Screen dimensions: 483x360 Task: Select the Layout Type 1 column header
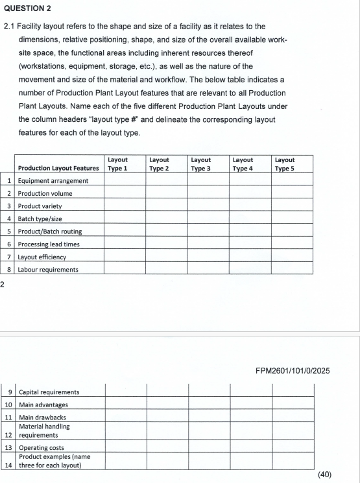tap(118, 163)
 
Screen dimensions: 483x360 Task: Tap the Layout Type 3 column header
tap(201, 163)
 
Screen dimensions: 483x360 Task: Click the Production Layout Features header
tap(58, 168)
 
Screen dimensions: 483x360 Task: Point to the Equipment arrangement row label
tap(53, 180)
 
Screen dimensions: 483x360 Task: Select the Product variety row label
tap(40, 206)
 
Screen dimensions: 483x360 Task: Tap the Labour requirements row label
tap(48, 269)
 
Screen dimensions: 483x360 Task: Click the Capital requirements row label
tap(49, 392)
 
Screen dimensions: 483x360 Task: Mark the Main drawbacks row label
tap(42, 417)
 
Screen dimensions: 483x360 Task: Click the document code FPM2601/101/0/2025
tap(293, 371)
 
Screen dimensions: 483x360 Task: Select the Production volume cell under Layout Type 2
tap(166, 193)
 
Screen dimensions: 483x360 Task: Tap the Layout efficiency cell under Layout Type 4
tap(250, 256)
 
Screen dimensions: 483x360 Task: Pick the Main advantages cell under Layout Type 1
tap(126, 405)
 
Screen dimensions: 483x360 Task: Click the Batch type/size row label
tap(43, 218)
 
